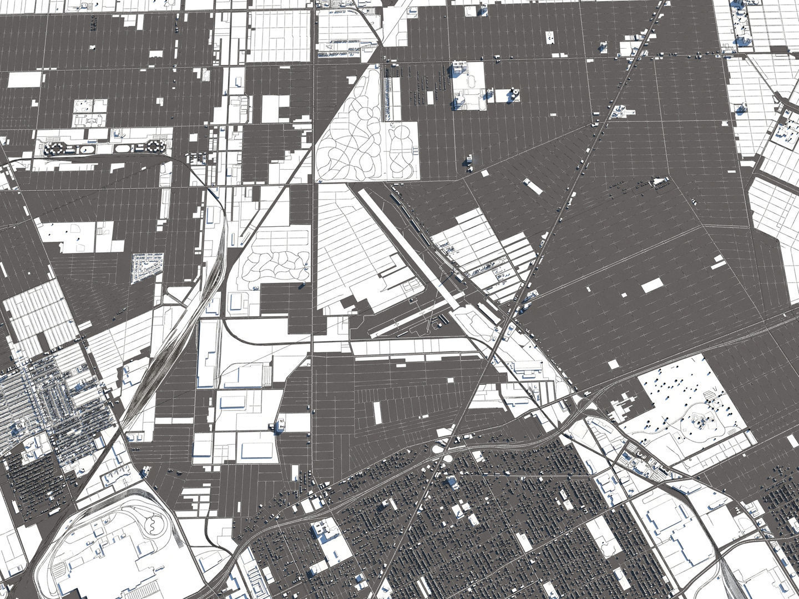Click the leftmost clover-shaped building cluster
tap(54, 149)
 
